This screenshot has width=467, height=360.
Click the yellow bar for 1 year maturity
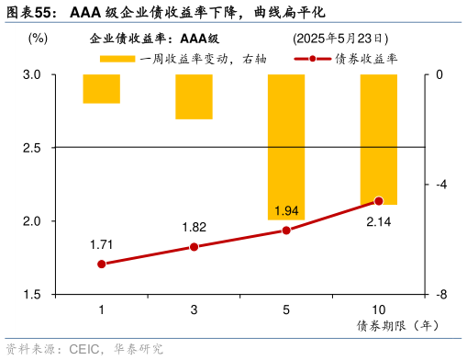(101, 88)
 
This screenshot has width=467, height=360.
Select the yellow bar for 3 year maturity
(194, 96)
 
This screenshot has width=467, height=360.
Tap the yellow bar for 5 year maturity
(285, 147)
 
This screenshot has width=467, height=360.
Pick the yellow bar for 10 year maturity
(378, 139)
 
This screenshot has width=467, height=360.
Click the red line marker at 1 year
(101, 264)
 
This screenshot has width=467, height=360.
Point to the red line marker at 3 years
(194, 247)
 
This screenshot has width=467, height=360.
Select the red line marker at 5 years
(285, 231)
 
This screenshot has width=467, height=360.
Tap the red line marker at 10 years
(378, 200)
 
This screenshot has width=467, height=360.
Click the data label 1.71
(101, 244)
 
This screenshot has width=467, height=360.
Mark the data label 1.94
(285, 211)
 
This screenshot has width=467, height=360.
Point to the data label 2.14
(378, 221)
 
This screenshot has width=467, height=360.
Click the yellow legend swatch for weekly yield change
(117, 59)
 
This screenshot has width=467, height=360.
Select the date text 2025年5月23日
(339, 39)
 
